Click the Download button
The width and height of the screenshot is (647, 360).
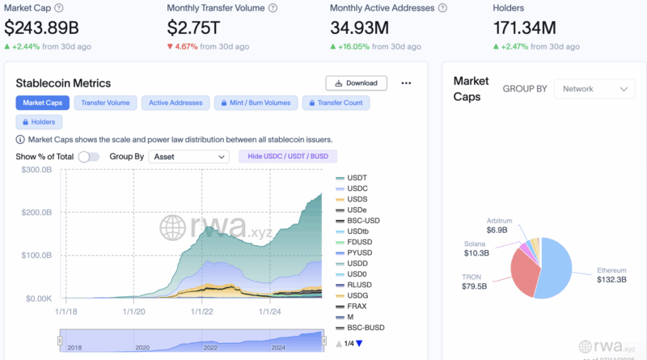[356, 83]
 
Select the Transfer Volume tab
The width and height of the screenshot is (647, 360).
[105, 103]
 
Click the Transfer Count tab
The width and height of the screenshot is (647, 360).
[336, 103]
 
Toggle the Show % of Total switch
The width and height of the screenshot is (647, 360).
[89, 156]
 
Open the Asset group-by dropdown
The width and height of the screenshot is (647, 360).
[189, 156]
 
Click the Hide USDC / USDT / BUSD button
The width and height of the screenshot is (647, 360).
[287, 156]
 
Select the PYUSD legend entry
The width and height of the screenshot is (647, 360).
[357, 252]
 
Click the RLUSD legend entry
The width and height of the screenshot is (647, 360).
[357, 284]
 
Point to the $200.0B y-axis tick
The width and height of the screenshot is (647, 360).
[36, 212]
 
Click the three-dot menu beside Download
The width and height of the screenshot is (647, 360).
[406, 83]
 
